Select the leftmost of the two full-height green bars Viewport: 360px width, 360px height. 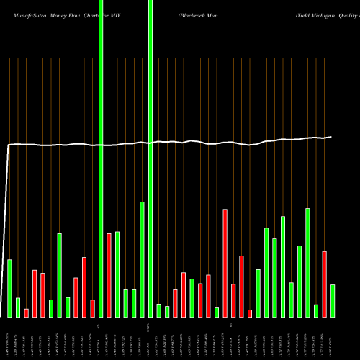tap(101, 158)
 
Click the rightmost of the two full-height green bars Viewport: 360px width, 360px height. tap(150, 158)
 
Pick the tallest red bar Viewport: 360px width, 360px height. tap(225, 263)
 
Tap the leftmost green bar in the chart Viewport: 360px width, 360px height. tap(9, 288)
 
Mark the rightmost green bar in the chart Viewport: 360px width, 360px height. tap(333, 301)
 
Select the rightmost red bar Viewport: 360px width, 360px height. tap(324, 284)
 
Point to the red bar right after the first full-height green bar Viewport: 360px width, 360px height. tap(109, 275)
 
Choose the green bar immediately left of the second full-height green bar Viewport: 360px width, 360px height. tap(142, 259)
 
